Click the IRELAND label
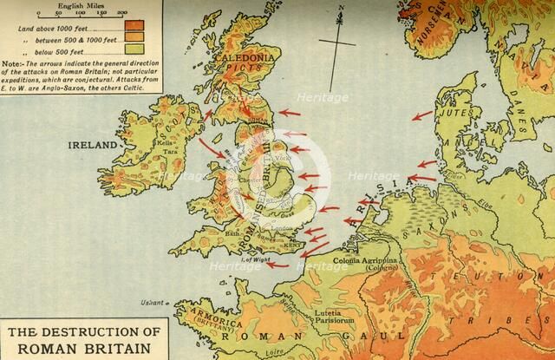[x=91, y=146]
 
